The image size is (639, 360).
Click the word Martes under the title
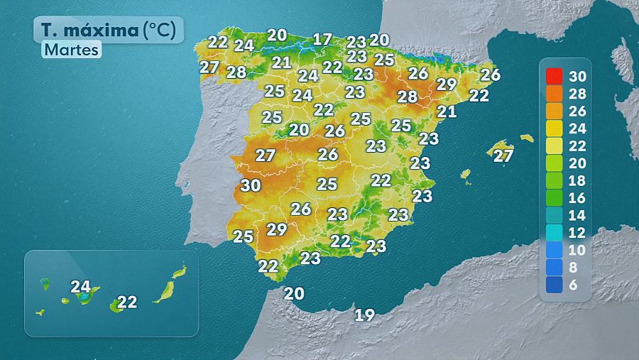(x=71, y=50)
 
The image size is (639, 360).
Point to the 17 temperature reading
(x=322, y=40)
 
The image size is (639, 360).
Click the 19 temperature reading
(x=364, y=315)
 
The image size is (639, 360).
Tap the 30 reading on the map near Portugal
(x=250, y=186)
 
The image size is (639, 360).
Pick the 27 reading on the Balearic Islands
(x=503, y=156)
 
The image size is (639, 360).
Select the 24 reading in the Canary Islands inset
(x=81, y=288)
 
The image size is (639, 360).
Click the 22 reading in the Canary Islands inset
(x=127, y=302)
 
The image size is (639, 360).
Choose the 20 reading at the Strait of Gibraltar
(x=294, y=293)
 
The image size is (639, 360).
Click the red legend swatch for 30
(x=554, y=76)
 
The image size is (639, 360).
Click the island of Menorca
(x=526, y=138)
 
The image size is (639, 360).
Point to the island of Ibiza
(x=466, y=173)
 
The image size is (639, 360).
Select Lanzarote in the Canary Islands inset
(x=180, y=272)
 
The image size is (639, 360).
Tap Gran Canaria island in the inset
(x=116, y=305)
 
